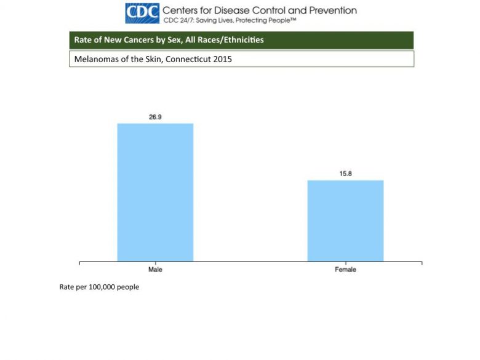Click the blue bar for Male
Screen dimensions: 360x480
[155, 192]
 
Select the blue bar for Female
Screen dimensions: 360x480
[345, 220]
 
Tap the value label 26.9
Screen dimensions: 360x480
[155, 117]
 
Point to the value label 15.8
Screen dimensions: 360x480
[345, 174]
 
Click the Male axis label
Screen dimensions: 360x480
[155, 270]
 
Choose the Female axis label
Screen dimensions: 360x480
[345, 270]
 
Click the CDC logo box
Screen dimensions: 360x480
[142, 12]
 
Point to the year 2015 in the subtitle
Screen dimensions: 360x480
[222, 60]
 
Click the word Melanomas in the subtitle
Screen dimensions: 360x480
[94, 60]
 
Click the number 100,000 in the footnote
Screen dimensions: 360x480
[104, 287]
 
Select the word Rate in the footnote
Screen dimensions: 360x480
[66, 287]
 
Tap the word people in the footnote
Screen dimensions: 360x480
[129, 287]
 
